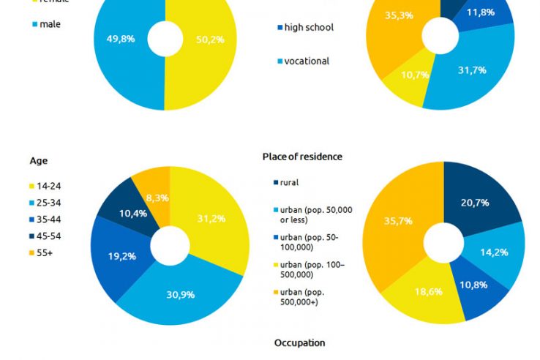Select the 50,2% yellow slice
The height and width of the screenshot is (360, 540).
point(209,40)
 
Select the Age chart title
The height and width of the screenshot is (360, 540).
point(39,161)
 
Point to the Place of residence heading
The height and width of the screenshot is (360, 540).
point(302,157)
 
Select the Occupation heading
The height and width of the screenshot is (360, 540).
point(299,342)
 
